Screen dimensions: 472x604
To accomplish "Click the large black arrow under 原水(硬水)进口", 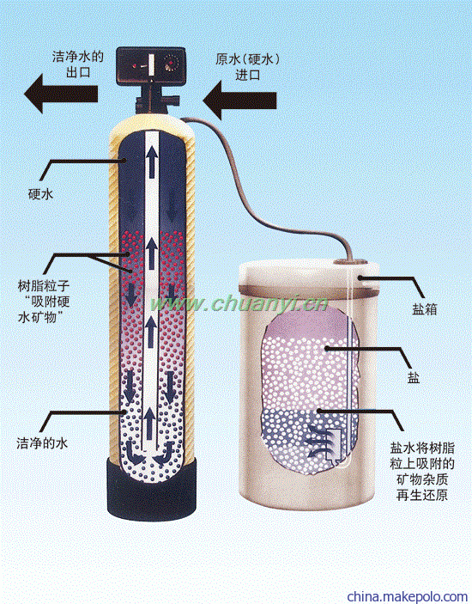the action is [239, 101].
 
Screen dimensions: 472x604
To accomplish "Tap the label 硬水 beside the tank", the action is [41, 193].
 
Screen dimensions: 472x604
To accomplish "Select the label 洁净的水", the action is [42, 443].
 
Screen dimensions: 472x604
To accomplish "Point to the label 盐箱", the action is [425, 309].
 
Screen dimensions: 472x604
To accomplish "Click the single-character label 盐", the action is [414, 378].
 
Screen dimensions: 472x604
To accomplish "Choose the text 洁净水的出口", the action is [78, 64].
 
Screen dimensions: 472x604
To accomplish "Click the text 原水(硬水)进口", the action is [247, 66].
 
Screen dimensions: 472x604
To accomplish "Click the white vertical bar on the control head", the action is [151, 64].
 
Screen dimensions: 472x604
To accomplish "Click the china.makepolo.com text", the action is [408, 596].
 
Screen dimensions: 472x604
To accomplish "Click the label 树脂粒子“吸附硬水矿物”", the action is [45, 302].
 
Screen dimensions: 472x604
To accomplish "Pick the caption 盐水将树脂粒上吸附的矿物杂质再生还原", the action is [422, 471].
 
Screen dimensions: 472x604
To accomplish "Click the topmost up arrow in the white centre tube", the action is [152, 162].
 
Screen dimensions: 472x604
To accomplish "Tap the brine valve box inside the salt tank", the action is [333, 443].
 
